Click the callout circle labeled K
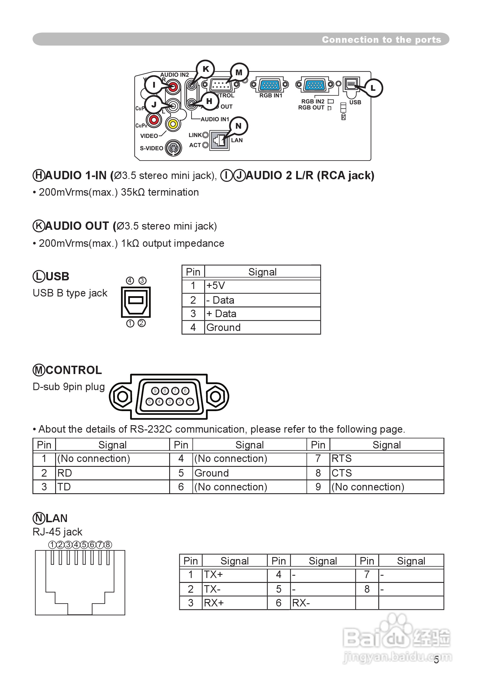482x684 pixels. (206, 69)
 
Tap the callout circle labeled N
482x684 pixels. (238, 126)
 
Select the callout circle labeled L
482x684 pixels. (373, 88)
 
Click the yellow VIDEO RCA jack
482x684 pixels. (173, 124)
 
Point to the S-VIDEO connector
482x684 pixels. (173, 148)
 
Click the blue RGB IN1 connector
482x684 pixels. (270, 85)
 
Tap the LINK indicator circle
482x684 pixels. (205, 135)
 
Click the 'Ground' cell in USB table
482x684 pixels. (262, 327)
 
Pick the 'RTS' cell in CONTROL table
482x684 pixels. (386, 458)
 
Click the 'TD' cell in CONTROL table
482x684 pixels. (112, 487)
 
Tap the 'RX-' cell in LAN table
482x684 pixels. (323, 603)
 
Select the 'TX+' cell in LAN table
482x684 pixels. (234, 574)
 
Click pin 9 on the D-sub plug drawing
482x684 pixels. (155, 391)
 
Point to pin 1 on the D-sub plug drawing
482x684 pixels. (190, 402)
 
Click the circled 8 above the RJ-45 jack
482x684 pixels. (108, 545)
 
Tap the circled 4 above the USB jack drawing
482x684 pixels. (130, 281)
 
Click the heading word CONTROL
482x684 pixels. (74, 370)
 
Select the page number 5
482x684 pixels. (436, 660)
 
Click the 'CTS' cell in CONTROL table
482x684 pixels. (386, 473)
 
